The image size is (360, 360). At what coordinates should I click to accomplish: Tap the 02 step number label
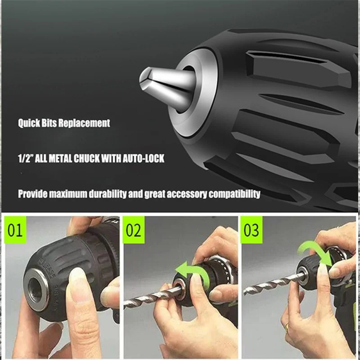134,229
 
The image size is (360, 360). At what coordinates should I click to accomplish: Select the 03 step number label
251,229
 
